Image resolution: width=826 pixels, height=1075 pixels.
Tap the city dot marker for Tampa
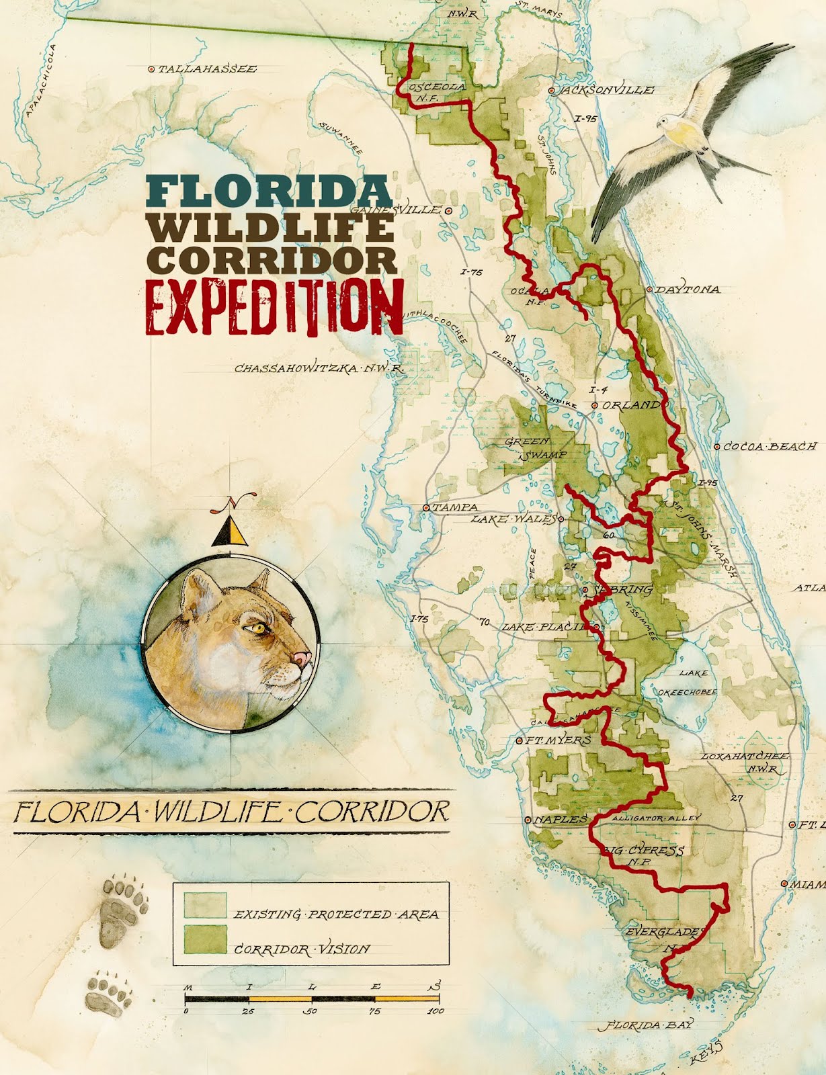pos(426,508)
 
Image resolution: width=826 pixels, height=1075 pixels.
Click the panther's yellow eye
pos(257,628)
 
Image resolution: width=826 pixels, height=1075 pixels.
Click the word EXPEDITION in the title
pos(275,306)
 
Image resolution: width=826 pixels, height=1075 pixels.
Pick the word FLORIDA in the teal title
pos(269,191)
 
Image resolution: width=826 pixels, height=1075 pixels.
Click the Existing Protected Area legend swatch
pos(206,905)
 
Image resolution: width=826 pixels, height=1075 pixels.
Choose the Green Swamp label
pos(536,448)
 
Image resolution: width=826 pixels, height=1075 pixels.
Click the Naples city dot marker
pos(528,820)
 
